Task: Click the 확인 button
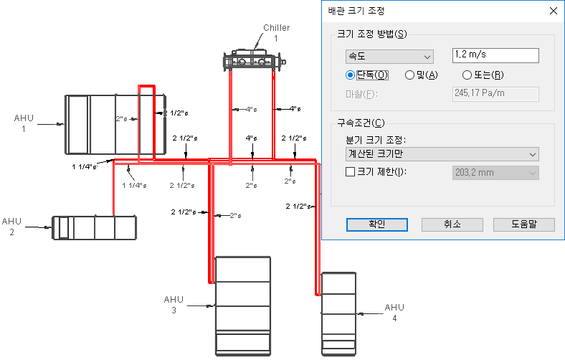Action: (x=377, y=224)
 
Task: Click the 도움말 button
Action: (x=524, y=224)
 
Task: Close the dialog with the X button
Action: (x=554, y=11)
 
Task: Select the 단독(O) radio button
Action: (x=349, y=75)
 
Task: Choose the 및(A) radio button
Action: (x=409, y=75)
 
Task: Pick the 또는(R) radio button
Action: (x=467, y=75)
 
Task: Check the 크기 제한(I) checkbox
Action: (x=350, y=172)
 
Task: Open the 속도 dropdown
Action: (x=389, y=57)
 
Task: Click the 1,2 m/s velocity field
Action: (x=495, y=55)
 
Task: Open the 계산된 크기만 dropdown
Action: (x=442, y=154)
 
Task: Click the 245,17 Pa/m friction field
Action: (x=495, y=94)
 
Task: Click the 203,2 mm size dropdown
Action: (x=495, y=173)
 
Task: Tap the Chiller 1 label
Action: (x=276, y=33)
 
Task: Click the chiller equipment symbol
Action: (x=254, y=60)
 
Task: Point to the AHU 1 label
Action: (x=24, y=123)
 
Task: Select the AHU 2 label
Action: (x=11, y=227)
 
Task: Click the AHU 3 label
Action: (x=174, y=305)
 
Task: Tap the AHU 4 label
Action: (x=394, y=313)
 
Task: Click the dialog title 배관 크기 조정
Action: (x=356, y=11)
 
